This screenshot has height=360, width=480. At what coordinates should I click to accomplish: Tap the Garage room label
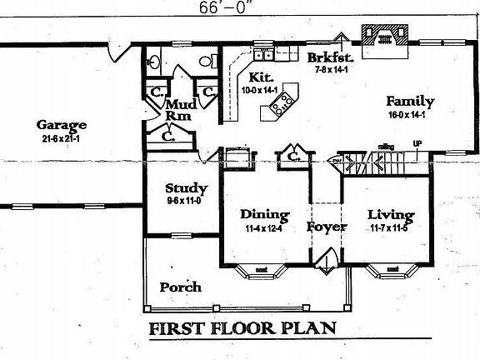click(x=62, y=126)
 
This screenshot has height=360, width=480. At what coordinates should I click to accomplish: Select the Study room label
click(x=186, y=188)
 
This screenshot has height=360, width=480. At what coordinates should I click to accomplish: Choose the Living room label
click(x=391, y=214)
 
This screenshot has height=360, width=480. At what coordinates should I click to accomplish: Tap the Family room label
click(x=411, y=102)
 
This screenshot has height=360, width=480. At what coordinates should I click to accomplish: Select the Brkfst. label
click(x=331, y=57)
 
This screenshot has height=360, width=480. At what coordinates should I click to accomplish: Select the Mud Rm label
click(x=180, y=110)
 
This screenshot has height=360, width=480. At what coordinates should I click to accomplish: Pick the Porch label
click(x=180, y=287)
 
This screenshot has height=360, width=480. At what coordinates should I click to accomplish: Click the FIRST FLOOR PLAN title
click(x=242, y=328)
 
